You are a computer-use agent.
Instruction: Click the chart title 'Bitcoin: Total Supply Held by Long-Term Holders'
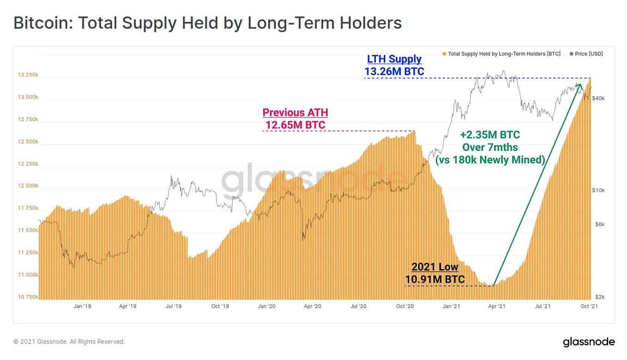[x=207, y=23]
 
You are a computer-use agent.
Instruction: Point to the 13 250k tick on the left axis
[x=28, y=75]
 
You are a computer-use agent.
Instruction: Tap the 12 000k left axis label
[x=28, y=186]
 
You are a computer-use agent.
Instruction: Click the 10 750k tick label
[x=28, y=297]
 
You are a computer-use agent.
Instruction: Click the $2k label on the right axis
[x=599, y=297]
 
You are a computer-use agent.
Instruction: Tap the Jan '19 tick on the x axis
[x=81, y=306]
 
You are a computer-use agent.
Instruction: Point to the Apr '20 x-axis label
[x=313, y=306]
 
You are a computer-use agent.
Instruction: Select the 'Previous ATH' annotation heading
[x=295, y=113]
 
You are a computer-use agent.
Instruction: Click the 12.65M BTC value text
[x=295, y=125]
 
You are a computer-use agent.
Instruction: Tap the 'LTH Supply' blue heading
[x=394, y=59]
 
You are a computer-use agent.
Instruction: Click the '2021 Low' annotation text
[x=434, y=267]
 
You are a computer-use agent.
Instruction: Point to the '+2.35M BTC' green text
[x=490, y=135]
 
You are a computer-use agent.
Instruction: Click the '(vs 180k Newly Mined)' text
[x=490, y=160]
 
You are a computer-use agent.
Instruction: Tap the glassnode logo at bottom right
[x=589, y=342]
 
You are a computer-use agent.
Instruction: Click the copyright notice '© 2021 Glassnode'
[x=69, y=342]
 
